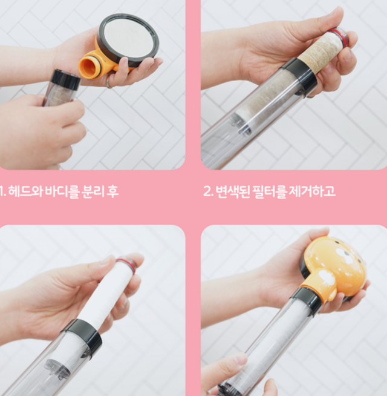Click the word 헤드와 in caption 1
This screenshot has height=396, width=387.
coord(25,191)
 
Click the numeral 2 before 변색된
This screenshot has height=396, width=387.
coord(207,192)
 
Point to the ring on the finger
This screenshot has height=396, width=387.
coord(109,82)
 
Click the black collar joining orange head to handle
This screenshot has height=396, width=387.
coord(307,300)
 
